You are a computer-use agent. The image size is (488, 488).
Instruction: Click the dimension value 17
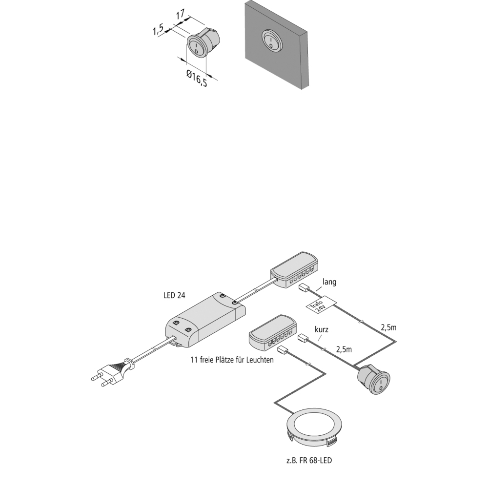click(180, 15)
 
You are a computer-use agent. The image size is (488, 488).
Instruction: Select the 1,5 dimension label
click(158, 30)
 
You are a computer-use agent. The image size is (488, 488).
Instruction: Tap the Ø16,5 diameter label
click(196, 79)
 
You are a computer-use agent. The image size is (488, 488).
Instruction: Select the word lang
click(329, 282)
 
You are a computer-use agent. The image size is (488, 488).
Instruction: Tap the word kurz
click(321, 330)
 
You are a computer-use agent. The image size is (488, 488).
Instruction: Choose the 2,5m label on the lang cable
click(389, 326)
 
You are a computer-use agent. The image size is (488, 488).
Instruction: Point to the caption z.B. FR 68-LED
click(309, 460)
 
